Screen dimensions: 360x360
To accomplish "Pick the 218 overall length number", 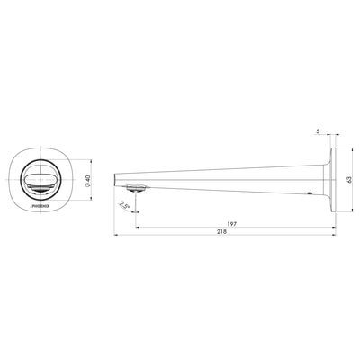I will (x=223, y=232).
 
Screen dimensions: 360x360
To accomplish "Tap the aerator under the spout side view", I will (x=136, y=188).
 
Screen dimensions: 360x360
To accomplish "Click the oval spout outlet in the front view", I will (x=41, y=179).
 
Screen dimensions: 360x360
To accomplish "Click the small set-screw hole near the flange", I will (x=310, y=193).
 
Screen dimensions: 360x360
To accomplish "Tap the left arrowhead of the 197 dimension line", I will (x=137, y=226).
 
